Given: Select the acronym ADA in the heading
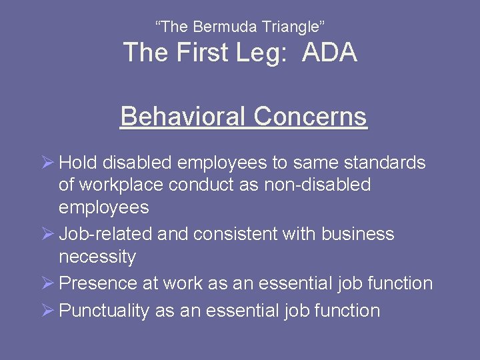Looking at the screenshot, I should point(329,53).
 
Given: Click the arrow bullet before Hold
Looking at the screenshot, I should point(47,163).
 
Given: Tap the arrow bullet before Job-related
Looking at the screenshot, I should point(47,235).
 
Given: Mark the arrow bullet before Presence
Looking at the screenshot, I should point(47,283).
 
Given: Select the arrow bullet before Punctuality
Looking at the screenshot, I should point(47,311).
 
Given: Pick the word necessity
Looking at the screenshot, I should point(97,257).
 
